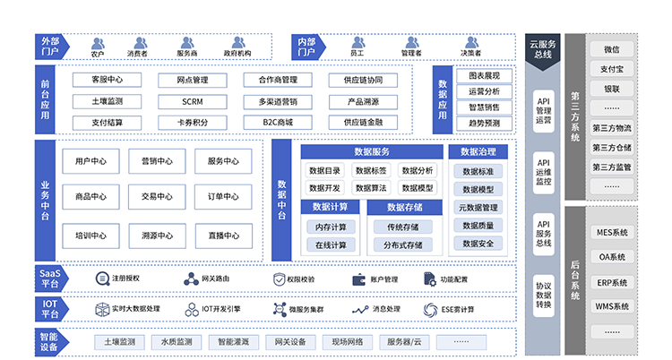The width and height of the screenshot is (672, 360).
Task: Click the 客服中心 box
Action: pyautogui.click(x=107, y=80)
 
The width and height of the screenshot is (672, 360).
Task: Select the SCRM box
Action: pyautogui.click(x=192, y=101)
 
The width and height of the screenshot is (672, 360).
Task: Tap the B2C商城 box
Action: pyautogui.click(x=277, y=122)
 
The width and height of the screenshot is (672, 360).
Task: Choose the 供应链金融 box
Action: pyautogui.click(x=362, y=122)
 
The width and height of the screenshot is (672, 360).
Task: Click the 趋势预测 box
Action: pyautogui.click(x=484, y=123)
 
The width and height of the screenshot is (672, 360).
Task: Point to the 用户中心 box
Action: pyautogui.click(x=90, y=161)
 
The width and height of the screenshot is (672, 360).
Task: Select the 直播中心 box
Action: pyautogui.click(x=222, y=236)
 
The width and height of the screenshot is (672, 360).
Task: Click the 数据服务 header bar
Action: pyautogui.click(x=372, y=151)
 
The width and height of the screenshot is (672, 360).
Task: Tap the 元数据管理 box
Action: pyautogui.click(x=478, y=208)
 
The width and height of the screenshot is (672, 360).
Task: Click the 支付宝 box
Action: pyautogui.click(x=612, y=69)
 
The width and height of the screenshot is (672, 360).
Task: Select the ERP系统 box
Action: pyautogui.click(x=612, y=282)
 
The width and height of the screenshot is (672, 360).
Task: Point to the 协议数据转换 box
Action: pyautogui.click(x=543, y=294)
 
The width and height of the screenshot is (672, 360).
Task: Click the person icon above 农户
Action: pyautogui.click(x=97, y=42)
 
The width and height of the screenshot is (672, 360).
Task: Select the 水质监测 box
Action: pyautogui.click(x=176, y=341)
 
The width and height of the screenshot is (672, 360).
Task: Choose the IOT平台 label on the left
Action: pyautogui.click(x=49, y=309)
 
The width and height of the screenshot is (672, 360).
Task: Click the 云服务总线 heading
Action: pyautogui.click(x=543, y=48)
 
